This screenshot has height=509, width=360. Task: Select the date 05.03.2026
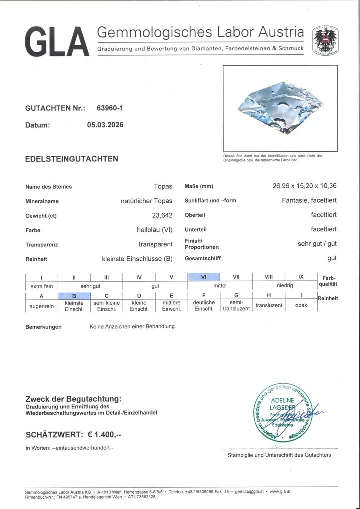(x=105, y=125)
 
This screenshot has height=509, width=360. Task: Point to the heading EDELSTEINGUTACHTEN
(x=72, y=159)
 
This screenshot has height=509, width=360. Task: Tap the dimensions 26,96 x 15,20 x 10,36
(x=304, y=186)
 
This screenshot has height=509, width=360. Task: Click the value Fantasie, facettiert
(x=309, y=201)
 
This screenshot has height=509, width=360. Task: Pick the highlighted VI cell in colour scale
(x=203, y=277)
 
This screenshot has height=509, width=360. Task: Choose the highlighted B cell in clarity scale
(x=74, y=296)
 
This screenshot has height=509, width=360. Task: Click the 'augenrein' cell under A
(x=41, y=305)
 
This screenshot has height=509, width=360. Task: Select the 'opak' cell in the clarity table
(x=301, y=305)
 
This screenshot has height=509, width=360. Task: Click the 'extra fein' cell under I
(x=41, y=286)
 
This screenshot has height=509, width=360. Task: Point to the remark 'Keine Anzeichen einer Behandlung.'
(x=133, y=327)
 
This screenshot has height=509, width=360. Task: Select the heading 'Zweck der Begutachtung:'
(x=73, y=399)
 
